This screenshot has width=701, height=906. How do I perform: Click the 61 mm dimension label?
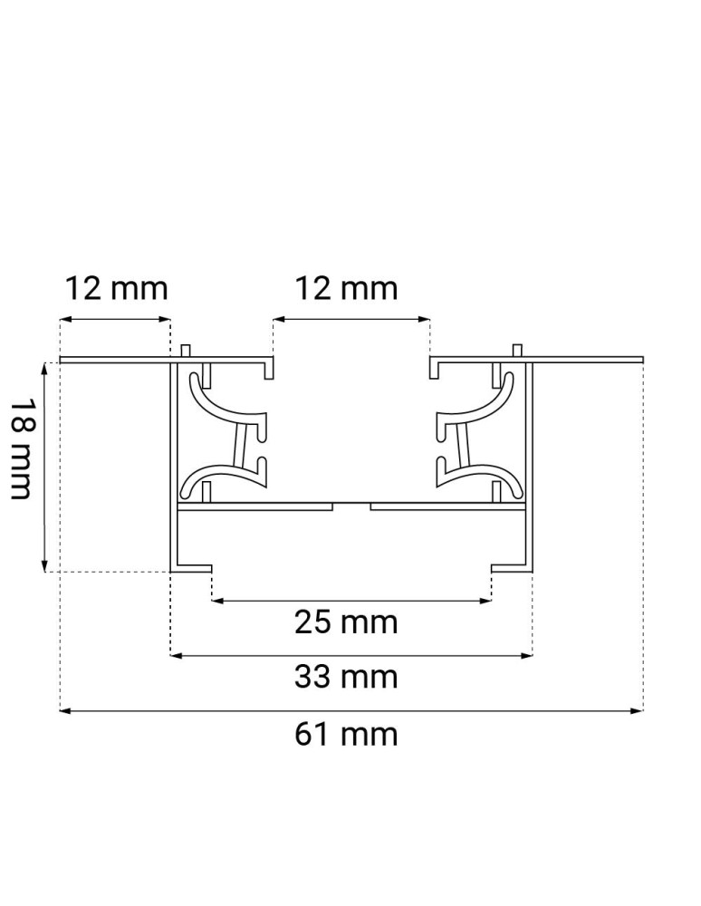click(x=346, y=733)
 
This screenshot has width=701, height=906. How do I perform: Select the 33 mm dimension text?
click(x=346, y=677)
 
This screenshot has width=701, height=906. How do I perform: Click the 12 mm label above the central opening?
click(x=346, y=288)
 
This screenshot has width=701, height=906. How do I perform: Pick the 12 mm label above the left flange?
click(x=116, y=288)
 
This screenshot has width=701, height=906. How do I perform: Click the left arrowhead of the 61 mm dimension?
click(x=64, y=711)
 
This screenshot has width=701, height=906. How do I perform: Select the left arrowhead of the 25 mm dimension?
click(x=217, y=600)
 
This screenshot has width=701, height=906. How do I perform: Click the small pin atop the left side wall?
click(x=185, y=351)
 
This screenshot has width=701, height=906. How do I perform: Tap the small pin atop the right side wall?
click(x=517, y=351)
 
